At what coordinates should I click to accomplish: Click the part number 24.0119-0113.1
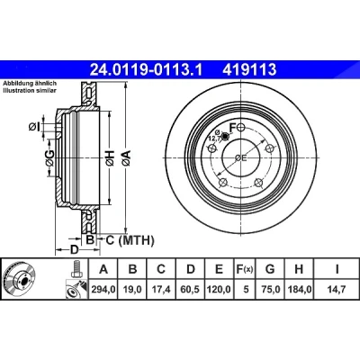click(x=147, y=69)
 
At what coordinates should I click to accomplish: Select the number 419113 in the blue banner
click(x=249, y=69)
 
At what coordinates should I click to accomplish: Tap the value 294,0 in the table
click(x=103, y=290)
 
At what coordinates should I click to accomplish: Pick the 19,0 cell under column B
click(x=132, y=290)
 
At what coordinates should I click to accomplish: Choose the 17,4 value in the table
click(x=161, y=290)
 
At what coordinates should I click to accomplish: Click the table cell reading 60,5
click(x=191, y=290)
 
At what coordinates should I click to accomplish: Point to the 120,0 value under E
click(x=219, y=290)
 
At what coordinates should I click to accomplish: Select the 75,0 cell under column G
click(x=270, y=290)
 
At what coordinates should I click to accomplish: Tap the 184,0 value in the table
click(x=300, y=290)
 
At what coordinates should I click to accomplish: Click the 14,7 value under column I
click(x=337, y=290)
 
